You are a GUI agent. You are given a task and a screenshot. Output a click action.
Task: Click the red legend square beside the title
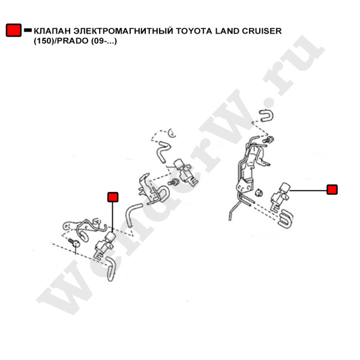pyautogui.click(x=14, y=30)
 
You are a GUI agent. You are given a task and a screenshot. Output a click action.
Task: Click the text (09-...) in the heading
pyautogui.click(x=104, y=41)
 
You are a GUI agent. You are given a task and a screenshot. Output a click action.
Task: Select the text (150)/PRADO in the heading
pyautogui.click(x=61, y=41)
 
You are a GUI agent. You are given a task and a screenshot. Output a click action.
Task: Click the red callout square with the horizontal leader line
pyautogui.click(x=332, y=190)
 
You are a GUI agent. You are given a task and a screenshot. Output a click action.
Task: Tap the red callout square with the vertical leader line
pyautogui.click(x=113, y=197)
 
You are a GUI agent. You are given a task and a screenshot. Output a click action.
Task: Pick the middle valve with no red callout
pyautogui.click(x=185, y=172)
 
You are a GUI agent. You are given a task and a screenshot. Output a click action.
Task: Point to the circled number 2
pyautogui.click(x=172, y=133)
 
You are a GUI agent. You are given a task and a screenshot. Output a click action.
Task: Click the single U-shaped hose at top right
pyautogui.click(x=267, y=116)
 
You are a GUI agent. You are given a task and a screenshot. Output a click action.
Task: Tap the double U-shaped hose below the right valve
pyautogui.click(x=286, y=219)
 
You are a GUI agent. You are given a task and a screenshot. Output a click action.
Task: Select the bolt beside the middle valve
pyautogui.click(x=173, y=182)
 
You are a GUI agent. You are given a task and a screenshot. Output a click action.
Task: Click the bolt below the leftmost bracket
pyautogui.click(x=74, y=242)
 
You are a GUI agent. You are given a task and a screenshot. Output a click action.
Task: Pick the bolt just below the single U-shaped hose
pyautogui.click(x=268, y=139)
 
